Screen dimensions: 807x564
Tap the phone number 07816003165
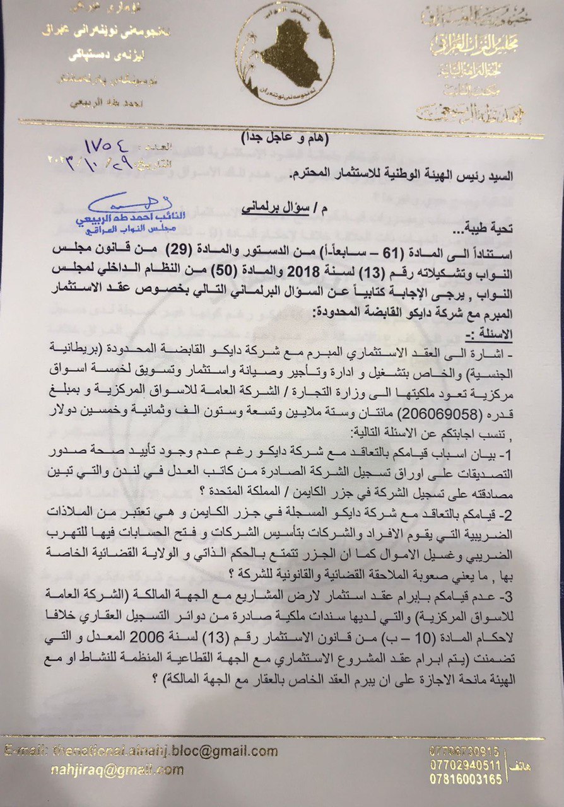point(464,779)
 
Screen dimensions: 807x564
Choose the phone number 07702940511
point(464,765)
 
